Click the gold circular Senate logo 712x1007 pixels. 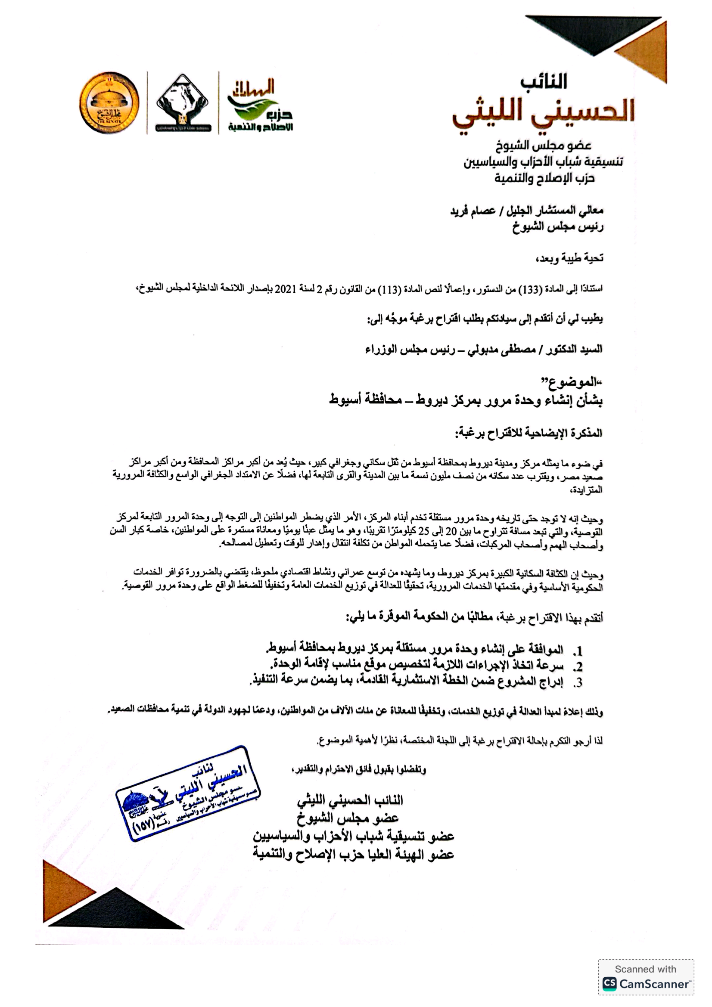coord(109,103)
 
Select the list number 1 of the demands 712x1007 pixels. coord(579,651)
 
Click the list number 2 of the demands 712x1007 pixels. coord(579,666)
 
